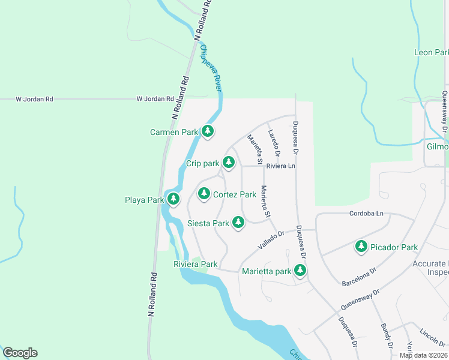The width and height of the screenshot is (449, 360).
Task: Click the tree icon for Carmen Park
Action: [208, 131]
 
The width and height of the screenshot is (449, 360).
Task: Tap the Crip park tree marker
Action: [228, 162]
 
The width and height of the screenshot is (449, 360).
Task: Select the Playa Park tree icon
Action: [173, 199]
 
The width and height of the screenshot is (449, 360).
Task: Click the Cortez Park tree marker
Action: [204, 193]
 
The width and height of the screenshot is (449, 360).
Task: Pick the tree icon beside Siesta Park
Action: [238, 223]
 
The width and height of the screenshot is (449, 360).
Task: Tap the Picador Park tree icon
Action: [361, 246]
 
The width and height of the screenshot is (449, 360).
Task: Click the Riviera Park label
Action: [195, 264]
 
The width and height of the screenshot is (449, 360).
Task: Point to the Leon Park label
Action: [431, 53]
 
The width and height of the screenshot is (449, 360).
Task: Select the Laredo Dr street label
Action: [274, 141]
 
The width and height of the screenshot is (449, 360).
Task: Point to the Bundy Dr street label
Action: [385, 336]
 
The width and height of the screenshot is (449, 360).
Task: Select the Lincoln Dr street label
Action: [432, 334]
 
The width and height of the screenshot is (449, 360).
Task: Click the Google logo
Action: [20, 353]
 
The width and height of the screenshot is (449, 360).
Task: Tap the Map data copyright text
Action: [423, 355]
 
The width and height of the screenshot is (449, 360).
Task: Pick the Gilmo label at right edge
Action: [437, 147]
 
